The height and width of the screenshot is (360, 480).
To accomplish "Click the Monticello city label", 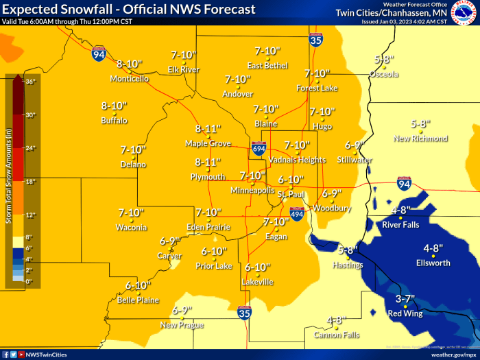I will (x=129, y=79).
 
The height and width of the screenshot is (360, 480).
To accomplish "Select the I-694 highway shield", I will (x=259, y=148).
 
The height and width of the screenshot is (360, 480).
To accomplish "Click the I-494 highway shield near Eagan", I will (x=297, y=215).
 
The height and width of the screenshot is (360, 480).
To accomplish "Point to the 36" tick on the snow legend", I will (x=29, y=82).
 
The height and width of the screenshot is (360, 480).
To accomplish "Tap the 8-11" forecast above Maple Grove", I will (x=208, y=129).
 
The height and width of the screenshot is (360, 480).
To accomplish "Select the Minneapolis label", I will (x=252, y=190).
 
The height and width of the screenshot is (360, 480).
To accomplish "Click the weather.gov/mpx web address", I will (x=453, y=355).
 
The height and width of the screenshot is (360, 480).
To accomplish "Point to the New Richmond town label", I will (x=420, y=139).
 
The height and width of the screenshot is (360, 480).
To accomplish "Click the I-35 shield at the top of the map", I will (x=315, y=40).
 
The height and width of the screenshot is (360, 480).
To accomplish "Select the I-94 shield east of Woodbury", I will (x=404, y=183).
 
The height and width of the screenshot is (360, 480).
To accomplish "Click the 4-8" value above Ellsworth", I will (x=435, y=248).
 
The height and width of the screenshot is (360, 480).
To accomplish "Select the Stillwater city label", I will (x=355, y=160).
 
